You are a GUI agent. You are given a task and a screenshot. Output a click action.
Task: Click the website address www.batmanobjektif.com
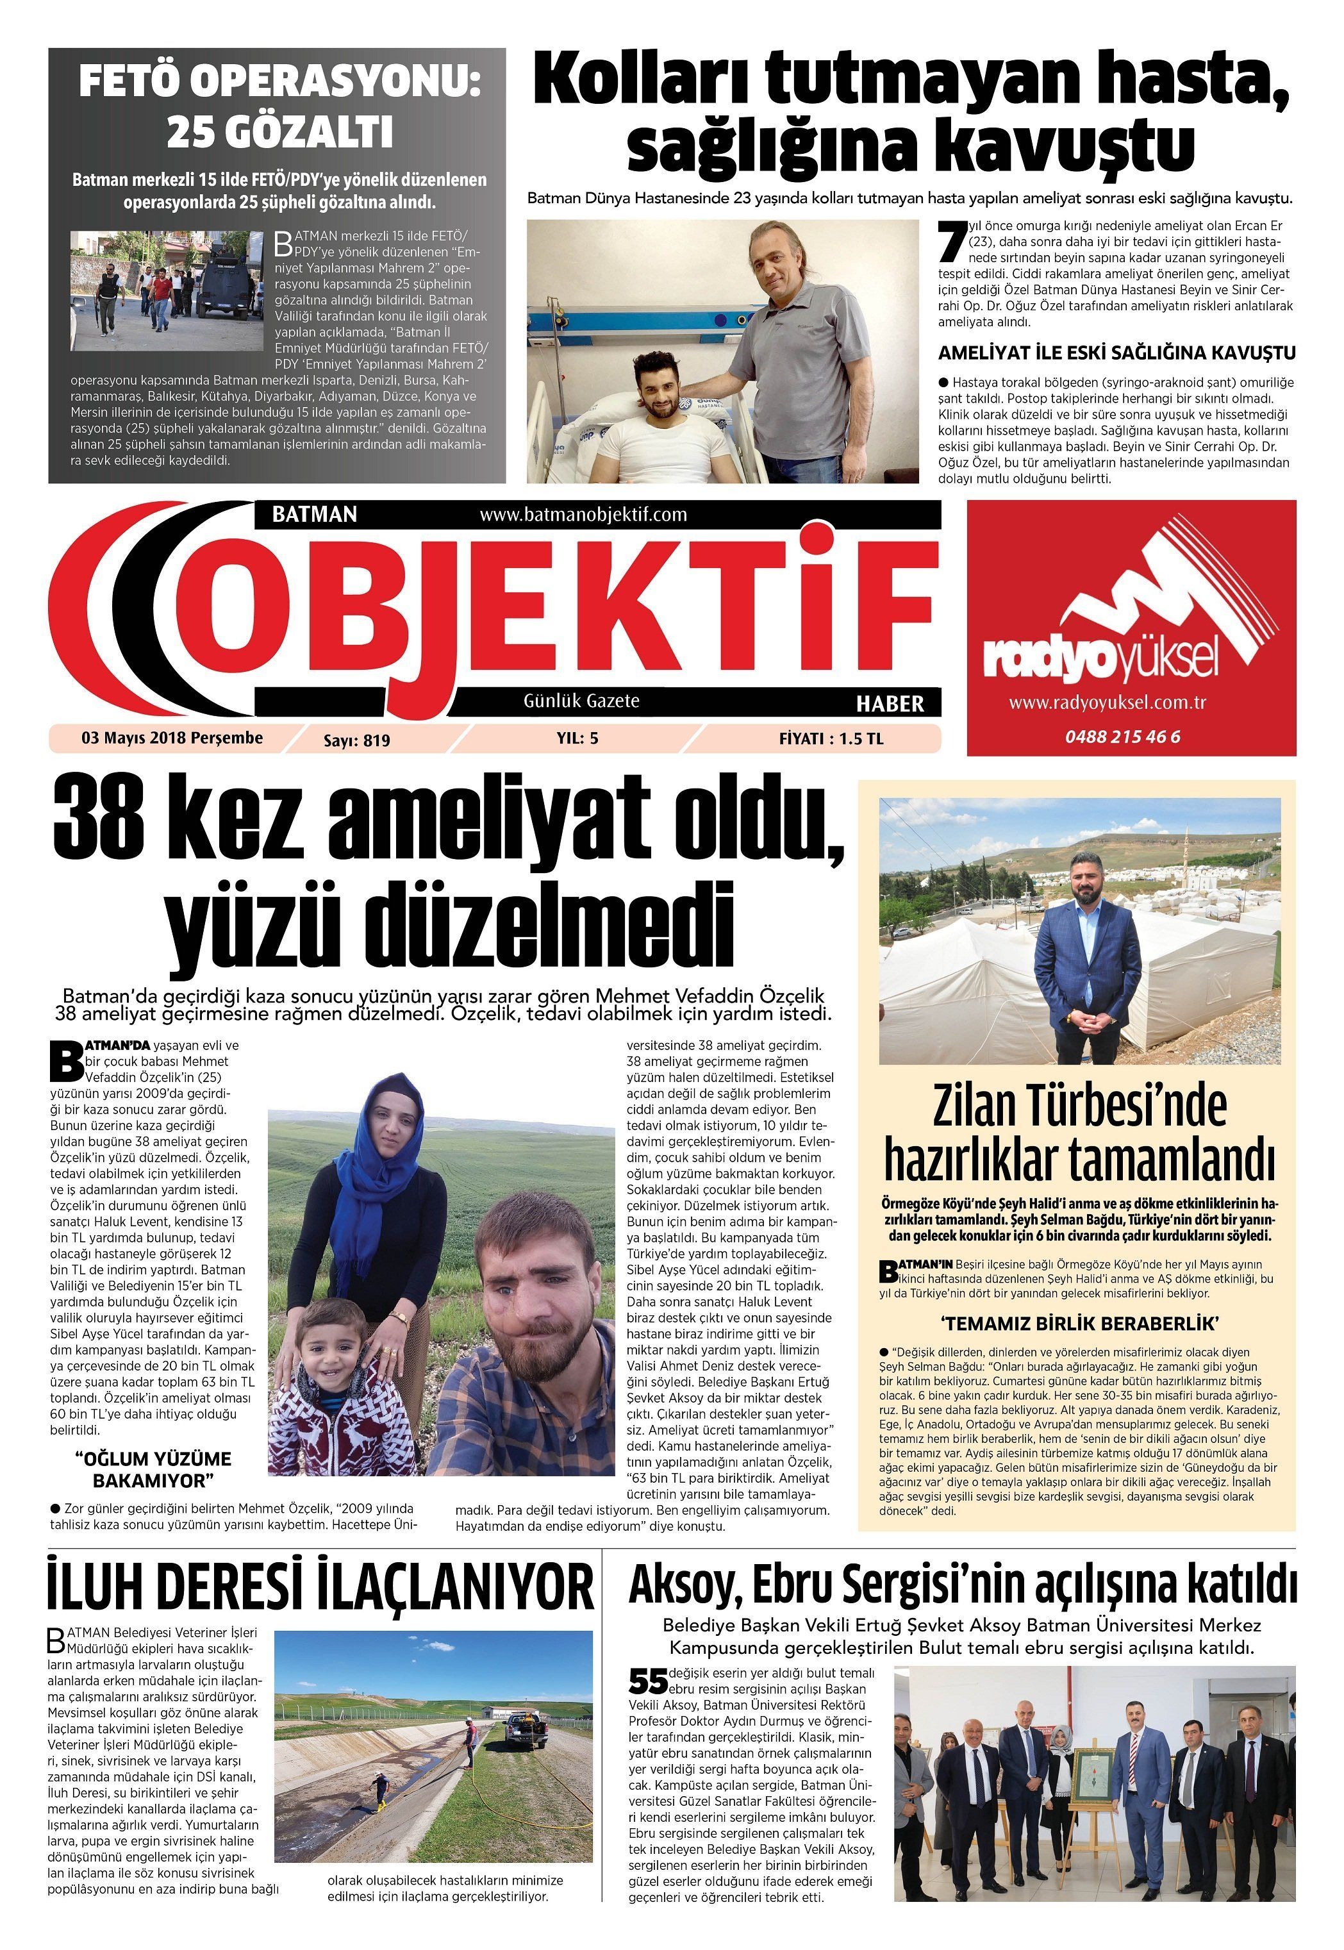(x=583, y=515)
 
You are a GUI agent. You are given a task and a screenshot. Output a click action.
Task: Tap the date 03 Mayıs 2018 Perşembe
(x=172, y=738)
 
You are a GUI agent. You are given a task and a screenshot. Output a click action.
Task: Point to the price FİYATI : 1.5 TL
(x=831, y=738)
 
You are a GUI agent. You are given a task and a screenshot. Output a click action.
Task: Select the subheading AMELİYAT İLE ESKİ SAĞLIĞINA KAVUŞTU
(x=1116, y=353)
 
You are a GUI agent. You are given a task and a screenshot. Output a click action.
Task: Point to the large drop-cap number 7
(x=950, y=241)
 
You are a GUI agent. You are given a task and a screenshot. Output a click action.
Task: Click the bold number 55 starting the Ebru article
(x=647, y=1681)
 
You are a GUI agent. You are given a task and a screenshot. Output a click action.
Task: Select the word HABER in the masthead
(x=889, y=703)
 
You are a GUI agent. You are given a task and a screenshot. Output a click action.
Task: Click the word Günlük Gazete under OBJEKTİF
(x=581, y=701)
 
